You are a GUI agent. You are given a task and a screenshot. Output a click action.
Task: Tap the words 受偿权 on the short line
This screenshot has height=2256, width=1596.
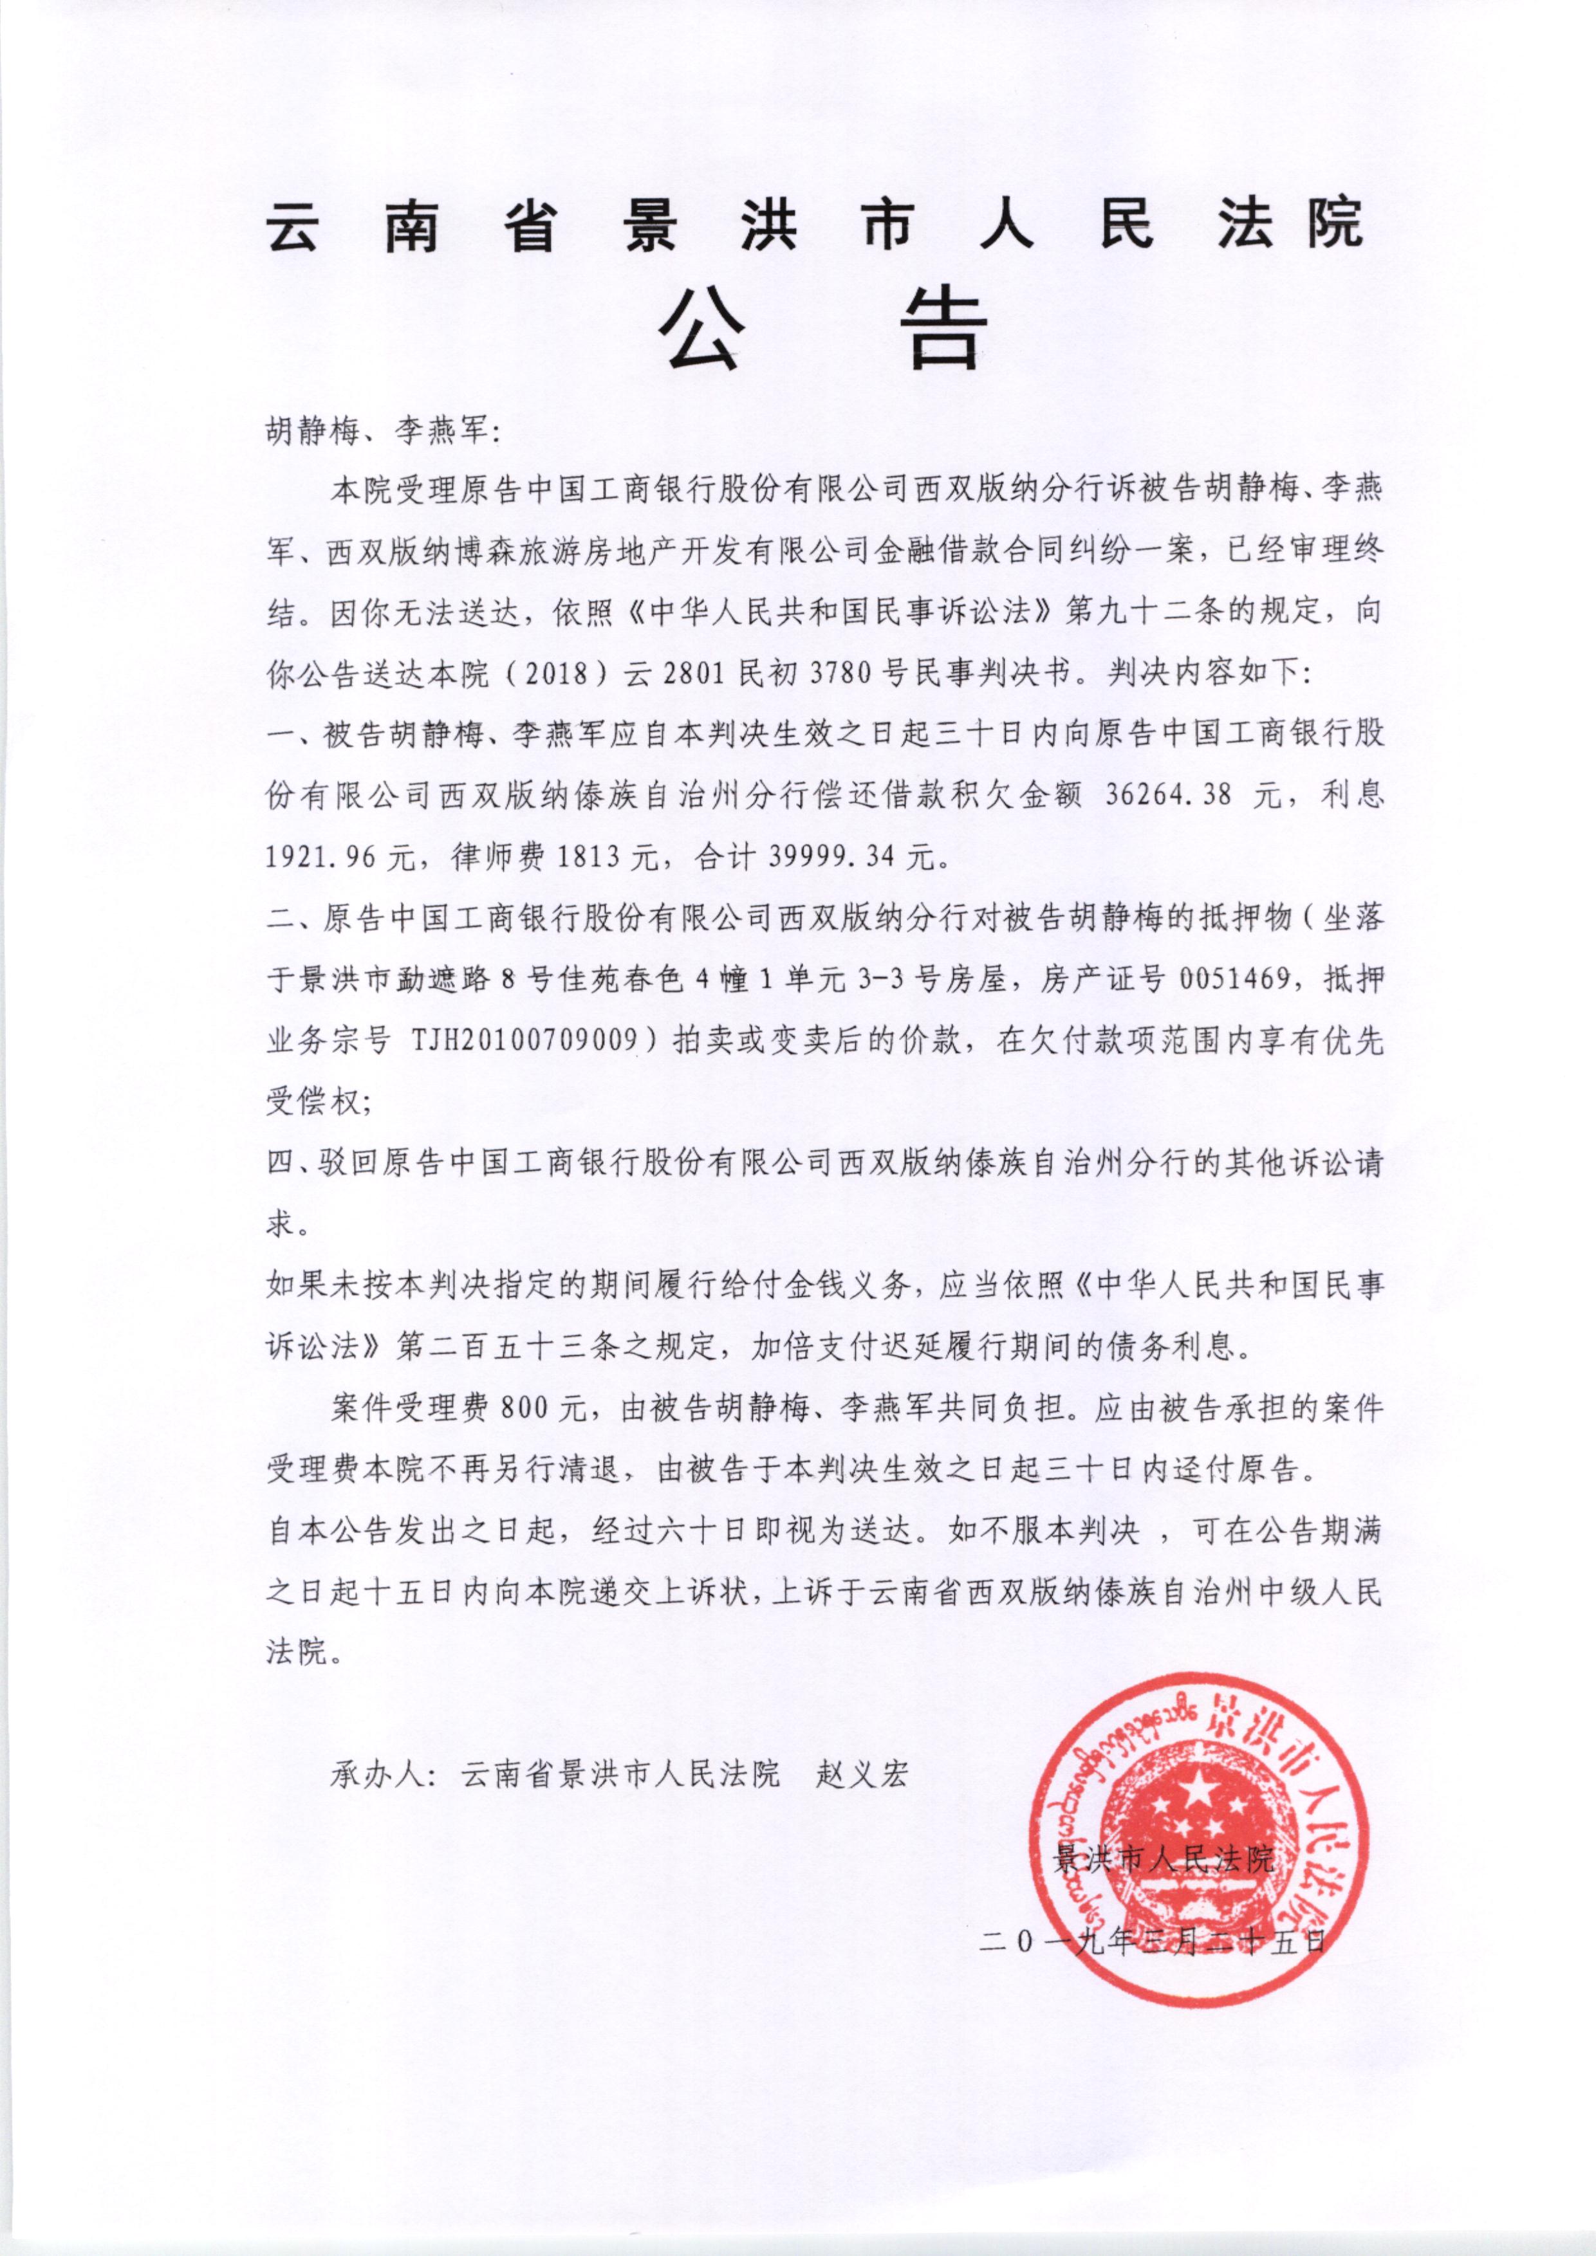coord(313,1101)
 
